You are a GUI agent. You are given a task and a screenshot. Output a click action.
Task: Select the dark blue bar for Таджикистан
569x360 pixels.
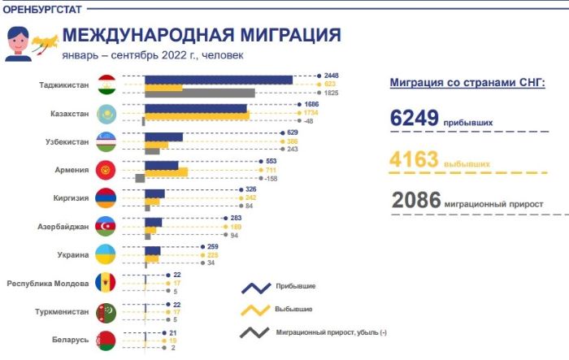[x=218, y=79]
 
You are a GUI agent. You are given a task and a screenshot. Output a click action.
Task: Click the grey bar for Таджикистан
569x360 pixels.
[x=199, y=93]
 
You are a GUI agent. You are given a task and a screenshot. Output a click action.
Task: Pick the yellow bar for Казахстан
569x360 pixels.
[x=197, y=115]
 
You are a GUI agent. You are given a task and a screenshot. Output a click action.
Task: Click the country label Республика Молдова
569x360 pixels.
[x=47, y=284]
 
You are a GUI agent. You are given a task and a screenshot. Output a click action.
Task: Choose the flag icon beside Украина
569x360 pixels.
[x=106, y=255]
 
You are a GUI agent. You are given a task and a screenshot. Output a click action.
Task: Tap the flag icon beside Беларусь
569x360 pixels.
[x=106, y=340]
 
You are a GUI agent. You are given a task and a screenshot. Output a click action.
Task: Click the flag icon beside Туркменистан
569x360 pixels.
[x=106, y=312]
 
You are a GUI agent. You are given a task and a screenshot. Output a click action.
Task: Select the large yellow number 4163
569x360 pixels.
[x=415, y=159]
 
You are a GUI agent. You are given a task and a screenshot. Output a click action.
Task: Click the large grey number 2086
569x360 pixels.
[x=415, y=200]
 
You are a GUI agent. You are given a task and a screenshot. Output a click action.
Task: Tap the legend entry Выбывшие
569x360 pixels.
[x=294, y=310]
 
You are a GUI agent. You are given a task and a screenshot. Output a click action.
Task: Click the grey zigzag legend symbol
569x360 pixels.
[x=254, y=333]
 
